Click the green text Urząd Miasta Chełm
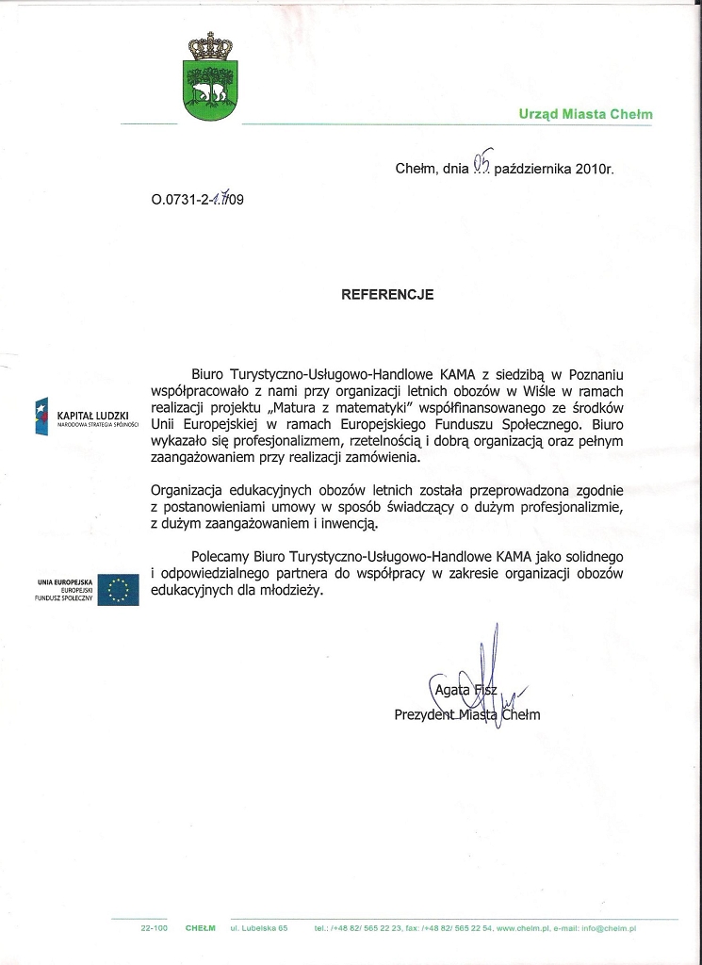click(585, 114)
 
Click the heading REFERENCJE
click(387, 294)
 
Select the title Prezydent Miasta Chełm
click(466, 715)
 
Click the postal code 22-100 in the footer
click(154, 928)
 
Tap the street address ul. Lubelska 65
click(259, 928)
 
